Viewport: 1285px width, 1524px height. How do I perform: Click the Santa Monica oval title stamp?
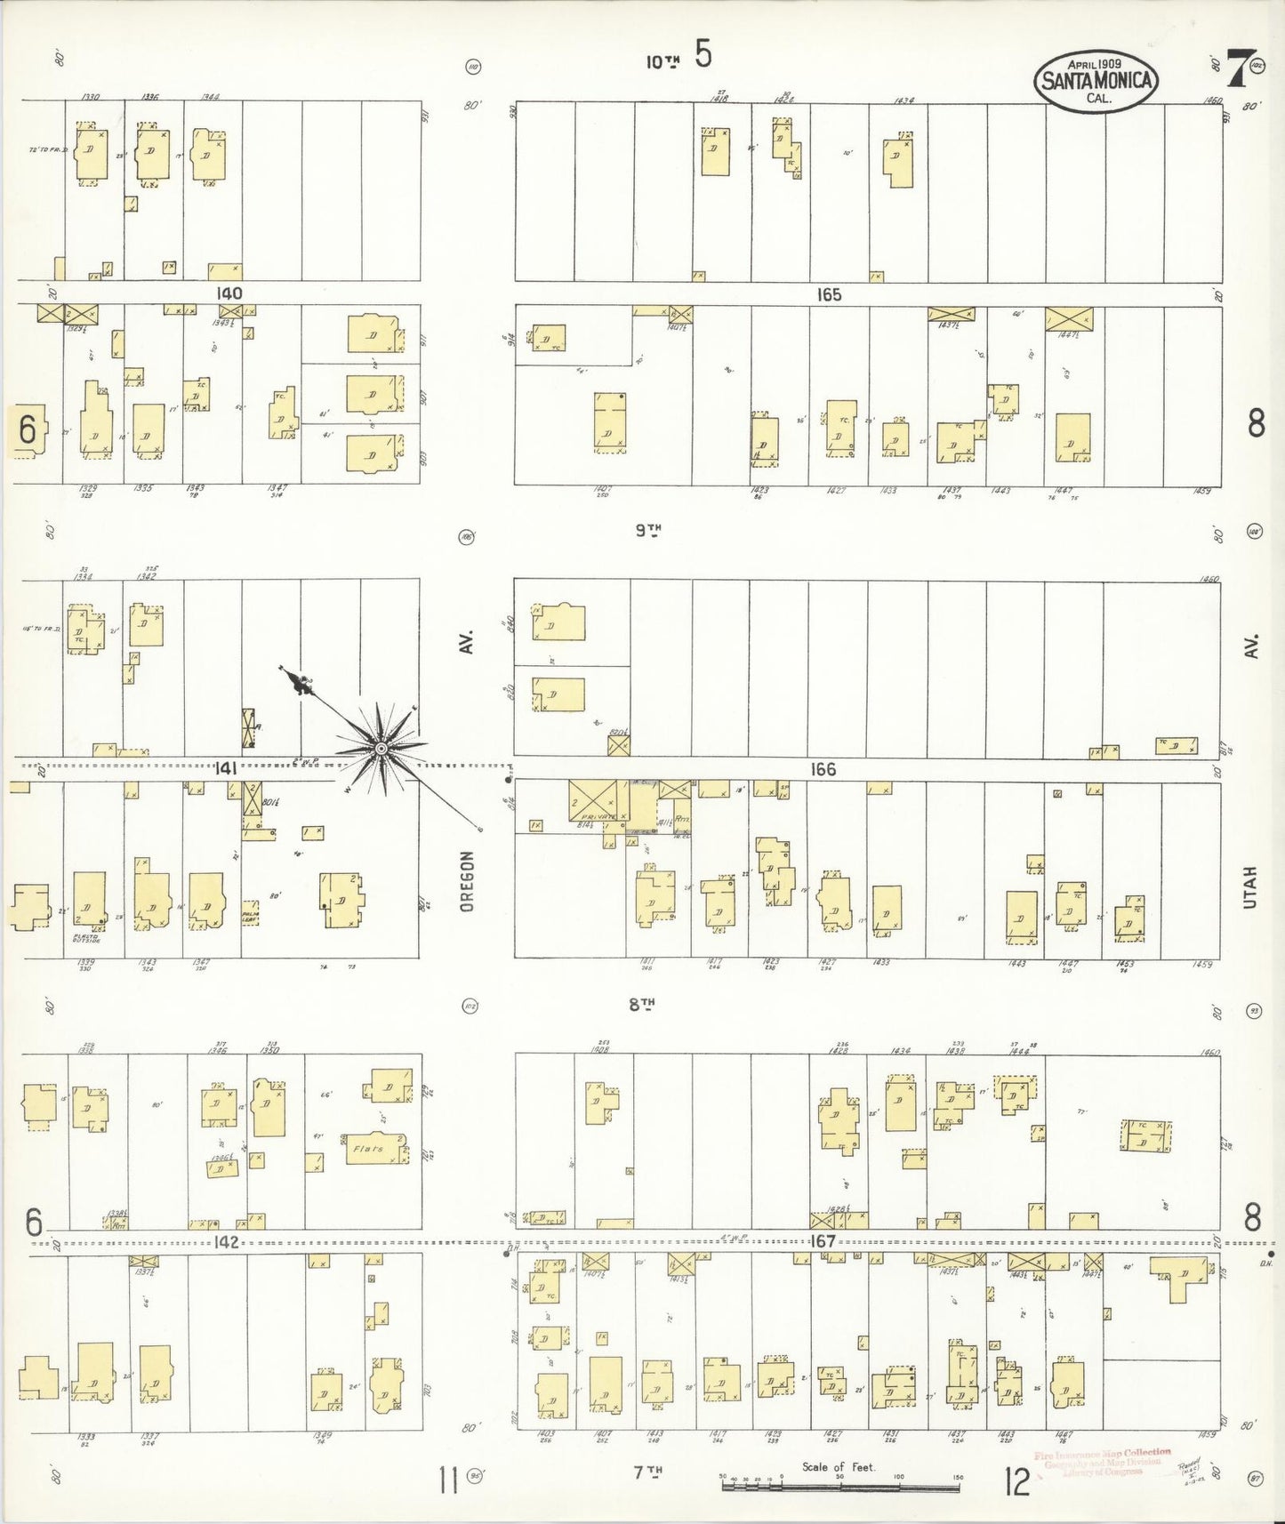point(1096,81)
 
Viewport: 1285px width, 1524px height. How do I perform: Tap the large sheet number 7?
point(1235,68)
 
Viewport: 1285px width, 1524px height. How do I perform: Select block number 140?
point(229,293)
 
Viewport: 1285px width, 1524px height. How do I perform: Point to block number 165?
point(829,294)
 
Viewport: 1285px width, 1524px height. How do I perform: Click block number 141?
point(226,768)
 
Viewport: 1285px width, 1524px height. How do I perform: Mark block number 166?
point(823,769)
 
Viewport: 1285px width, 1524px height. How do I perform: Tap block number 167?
point(823,1240)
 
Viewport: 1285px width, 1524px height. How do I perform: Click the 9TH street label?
point(648,531)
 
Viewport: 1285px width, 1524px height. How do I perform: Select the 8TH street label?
point(642,1005)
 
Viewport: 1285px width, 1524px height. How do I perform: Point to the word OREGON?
point(468,881)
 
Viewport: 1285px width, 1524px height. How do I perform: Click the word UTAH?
point(1251,886)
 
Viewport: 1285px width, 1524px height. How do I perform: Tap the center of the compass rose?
point(381,750)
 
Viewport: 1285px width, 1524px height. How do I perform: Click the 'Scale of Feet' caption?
point(839,1467)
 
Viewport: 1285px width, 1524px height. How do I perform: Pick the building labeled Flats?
point(368,1149)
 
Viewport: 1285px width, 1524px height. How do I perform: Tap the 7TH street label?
point(648,1472)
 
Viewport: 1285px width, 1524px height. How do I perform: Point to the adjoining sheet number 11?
point(447,1481)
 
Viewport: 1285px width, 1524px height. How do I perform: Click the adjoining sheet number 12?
point(1016,1481)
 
